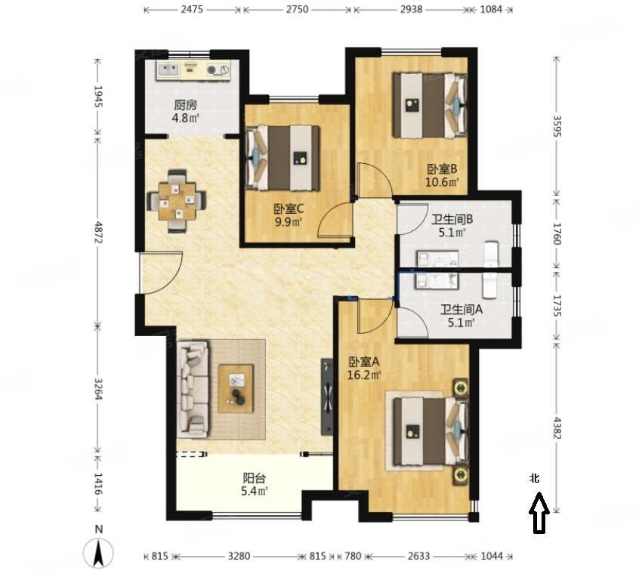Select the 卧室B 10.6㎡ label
tap(442, 175)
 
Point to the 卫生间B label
tap(452, 219)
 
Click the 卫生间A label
tap(461, 310)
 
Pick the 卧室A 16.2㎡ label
tap(364, 368)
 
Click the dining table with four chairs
tap(177, 202)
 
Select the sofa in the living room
tap(193, 389)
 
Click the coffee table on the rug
tap(236, 388)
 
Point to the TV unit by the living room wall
tap(327, 397)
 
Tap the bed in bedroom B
tap(430, 105)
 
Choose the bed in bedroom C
tap(282, 158)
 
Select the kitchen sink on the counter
tap(168, 69)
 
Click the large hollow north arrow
tap(539, 513)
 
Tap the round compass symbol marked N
tap(98, 553)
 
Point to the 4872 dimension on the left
tap(98, 232)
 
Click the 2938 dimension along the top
tap(411, 9)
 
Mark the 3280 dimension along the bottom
tap(239, 556)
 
